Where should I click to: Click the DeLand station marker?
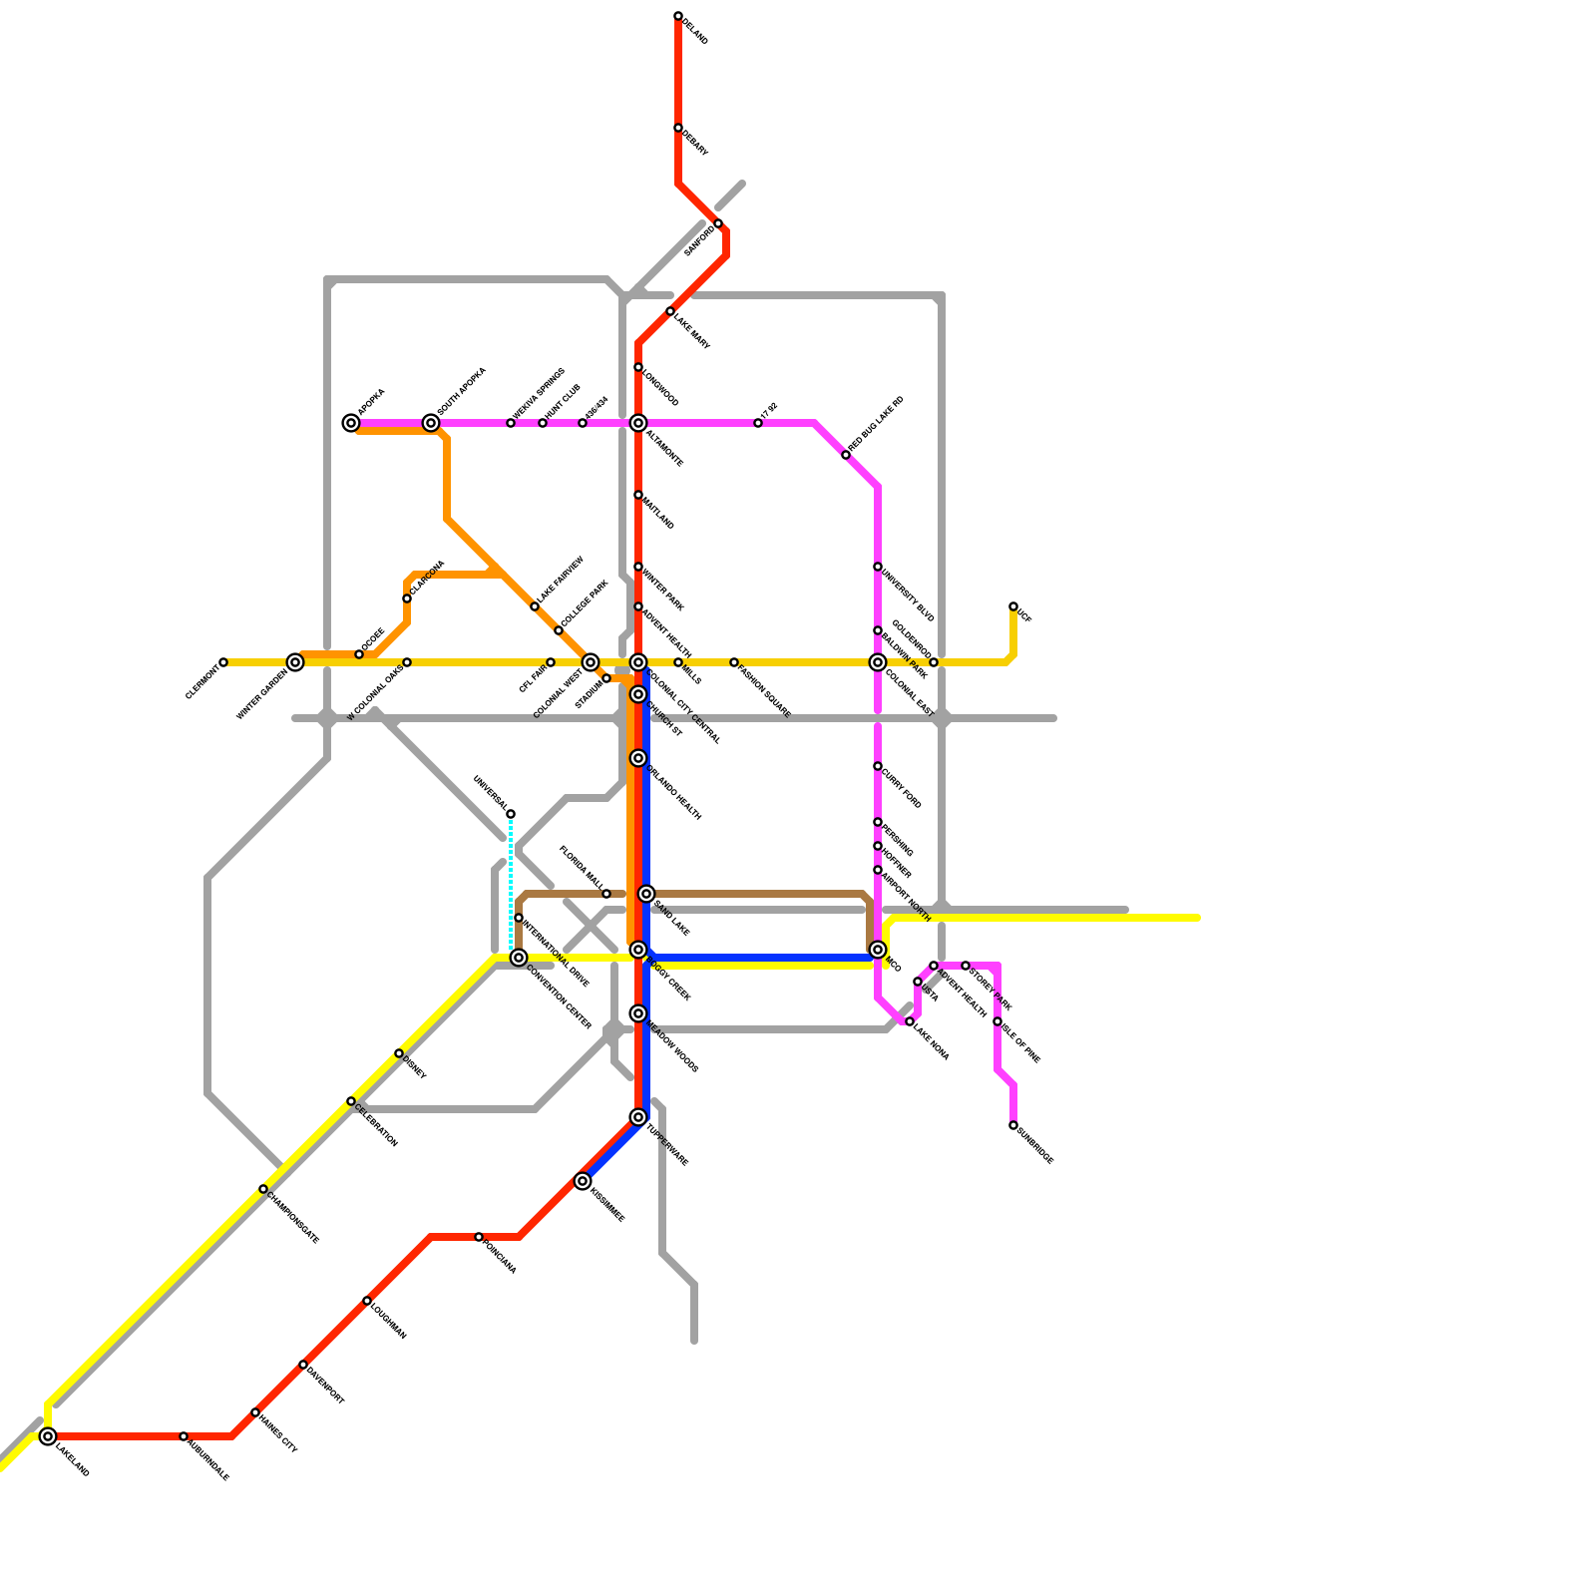click(x=678, y=16)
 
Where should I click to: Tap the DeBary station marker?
click(x=678, y=128)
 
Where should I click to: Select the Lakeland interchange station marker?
click(x=48, y=1436)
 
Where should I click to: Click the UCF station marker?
click(x=1013, y=606)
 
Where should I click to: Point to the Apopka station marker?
click(x=351, y=423)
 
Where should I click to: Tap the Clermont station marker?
click(x=223, y=662)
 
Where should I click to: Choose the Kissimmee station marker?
click(x=583, y=1181)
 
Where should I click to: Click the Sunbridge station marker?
click(x=1013, y=1125)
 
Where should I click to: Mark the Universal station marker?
click(x=511, y=814)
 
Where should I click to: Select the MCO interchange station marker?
click(x=878, y=950)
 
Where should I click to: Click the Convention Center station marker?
click(x=519, y=958)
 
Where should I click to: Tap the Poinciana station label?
click(x=500, y=1256)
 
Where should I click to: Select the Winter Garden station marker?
click(x=295, y=662)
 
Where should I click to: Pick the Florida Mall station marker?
click(x=606, y=894)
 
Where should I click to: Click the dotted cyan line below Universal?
click(x=511, y=878)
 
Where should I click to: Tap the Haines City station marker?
click(x=255, y=1412)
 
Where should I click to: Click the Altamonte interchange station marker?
click(x=638, y=423)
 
